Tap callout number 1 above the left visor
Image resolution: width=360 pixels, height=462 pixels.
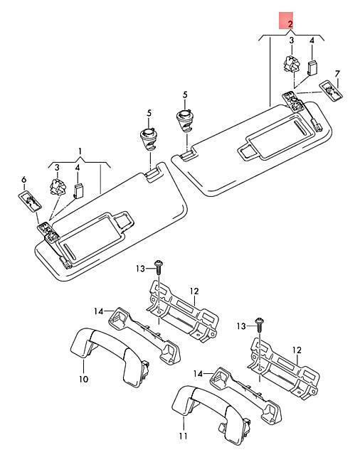[80, 151]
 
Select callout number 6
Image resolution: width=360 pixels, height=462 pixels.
[24, 179]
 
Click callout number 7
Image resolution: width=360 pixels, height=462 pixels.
[337, 74]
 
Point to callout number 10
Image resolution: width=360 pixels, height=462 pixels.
[84, 379]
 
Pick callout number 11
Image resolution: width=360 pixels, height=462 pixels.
[183, 436]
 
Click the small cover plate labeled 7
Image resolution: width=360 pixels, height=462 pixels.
[332, 90]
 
